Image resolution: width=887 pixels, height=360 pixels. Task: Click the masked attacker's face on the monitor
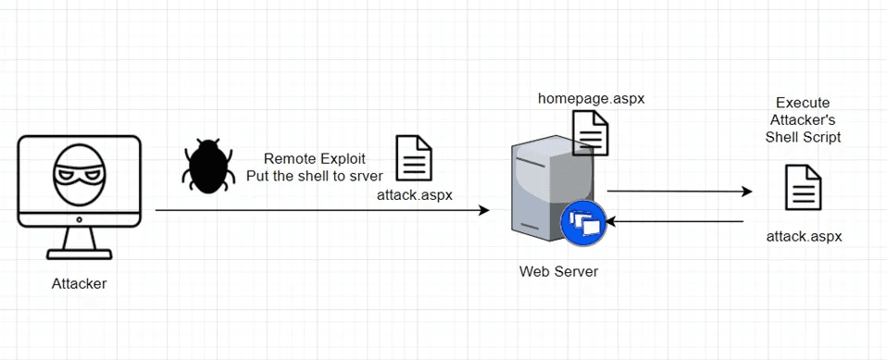point(79,178)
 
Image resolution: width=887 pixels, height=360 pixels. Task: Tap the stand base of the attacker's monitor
point(79,254)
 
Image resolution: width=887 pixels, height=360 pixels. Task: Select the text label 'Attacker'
point(79,284)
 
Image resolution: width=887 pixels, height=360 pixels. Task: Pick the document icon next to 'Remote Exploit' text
point(414,158)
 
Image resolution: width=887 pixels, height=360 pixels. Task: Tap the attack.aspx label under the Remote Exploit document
point(414,194)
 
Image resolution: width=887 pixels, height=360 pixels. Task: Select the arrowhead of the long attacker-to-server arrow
point(483,211)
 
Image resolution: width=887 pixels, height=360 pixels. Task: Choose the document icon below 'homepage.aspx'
point(590,131)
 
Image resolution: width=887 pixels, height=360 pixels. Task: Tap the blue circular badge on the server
point(582,223)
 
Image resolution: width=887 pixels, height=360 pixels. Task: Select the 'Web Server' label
point(558,272)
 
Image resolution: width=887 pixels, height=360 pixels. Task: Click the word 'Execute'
point(802,103)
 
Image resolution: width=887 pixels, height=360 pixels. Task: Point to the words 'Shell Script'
point(802,137)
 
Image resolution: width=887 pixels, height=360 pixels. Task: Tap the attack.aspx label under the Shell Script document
point(804,236)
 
